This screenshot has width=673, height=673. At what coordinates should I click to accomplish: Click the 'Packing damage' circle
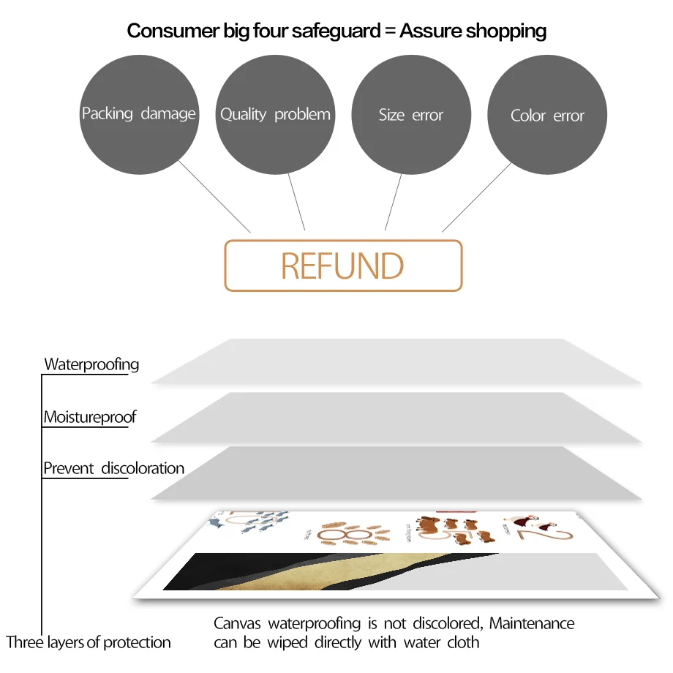click(138, 114)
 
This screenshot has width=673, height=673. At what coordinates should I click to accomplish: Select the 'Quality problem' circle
click(275, 114)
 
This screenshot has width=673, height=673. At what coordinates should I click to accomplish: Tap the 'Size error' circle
click(411, 115)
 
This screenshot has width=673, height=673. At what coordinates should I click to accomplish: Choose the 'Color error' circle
click(547, 116)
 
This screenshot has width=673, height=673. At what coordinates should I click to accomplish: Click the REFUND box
click(343, 266)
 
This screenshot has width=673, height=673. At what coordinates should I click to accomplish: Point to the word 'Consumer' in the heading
click(168, 31)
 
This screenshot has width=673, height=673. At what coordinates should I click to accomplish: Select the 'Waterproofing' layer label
click(91, 364)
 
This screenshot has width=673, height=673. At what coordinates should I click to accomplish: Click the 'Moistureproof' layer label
click(90, 418)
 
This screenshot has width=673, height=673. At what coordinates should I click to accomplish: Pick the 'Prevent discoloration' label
click(113, 468)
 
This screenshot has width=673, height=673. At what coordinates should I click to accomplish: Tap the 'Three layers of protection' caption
click(89, 642)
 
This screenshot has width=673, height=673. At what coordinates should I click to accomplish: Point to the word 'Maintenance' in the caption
click(532, 624)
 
